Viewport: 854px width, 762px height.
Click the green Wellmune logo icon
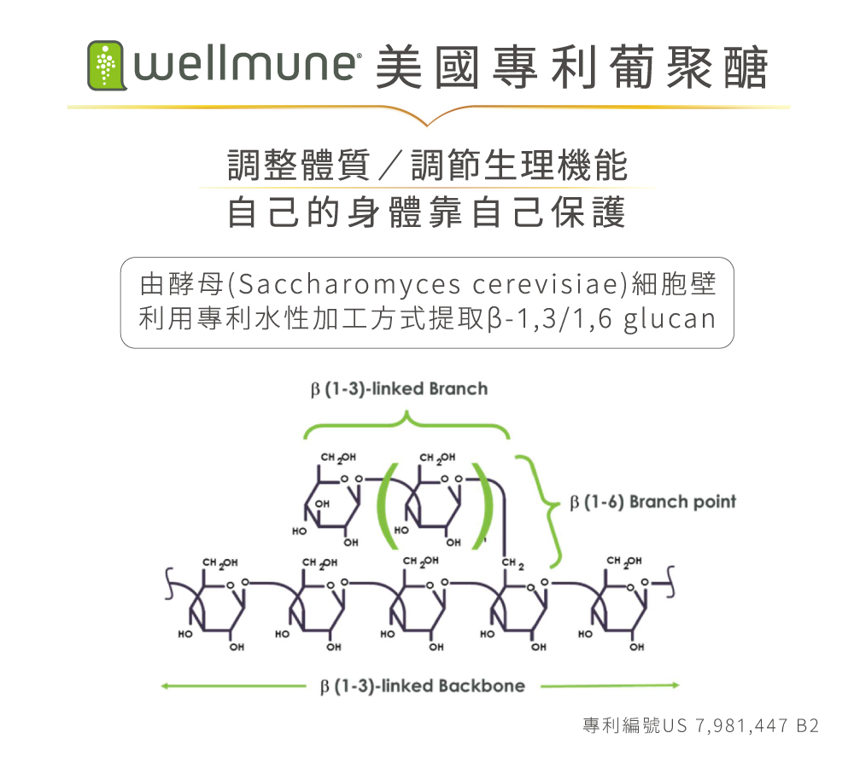(x=106, y=66)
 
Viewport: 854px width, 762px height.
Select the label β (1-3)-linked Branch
(x=399, y=389)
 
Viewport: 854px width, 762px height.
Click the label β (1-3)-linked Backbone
(x=421, y=685)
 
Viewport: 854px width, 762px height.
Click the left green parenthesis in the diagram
(x=387, y=504)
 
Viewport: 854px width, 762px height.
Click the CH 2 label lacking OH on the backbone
(x=512, y=562)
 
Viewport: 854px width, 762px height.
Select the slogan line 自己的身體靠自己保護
(x=426, y=212)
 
